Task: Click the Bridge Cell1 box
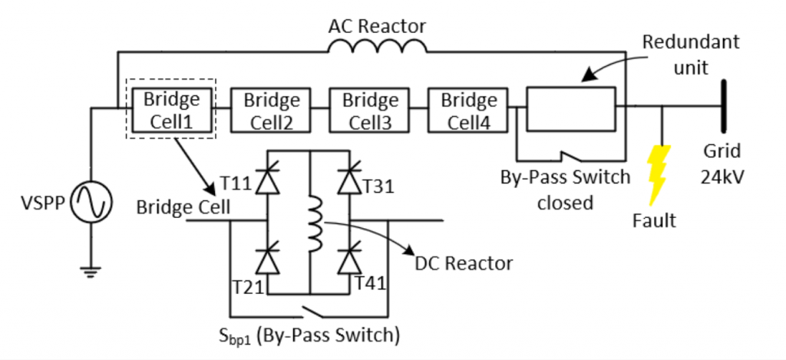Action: point(171,110)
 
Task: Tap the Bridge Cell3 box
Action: point(370,110)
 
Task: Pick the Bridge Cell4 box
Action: point(469,110)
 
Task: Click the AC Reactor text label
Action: point(376,25)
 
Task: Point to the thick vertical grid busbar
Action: point(722,107)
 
